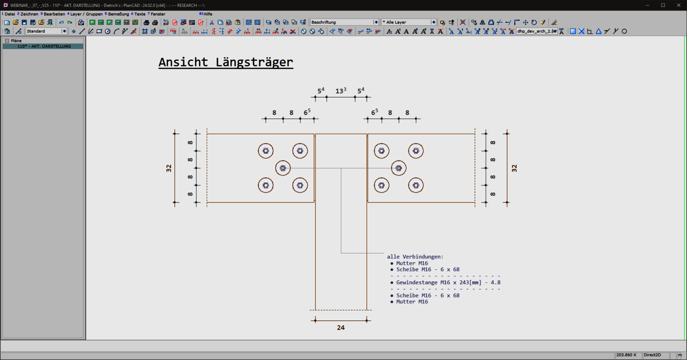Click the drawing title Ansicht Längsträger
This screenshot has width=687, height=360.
(x=226, y=62)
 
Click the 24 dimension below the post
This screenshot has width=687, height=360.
(x=341, y=328)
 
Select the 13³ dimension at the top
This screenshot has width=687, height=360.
(x=341, y=90)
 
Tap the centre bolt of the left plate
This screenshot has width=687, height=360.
(x=283, y=168)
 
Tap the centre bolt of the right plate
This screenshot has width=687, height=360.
(x=398, y=168)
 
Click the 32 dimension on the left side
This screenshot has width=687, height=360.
(x=169, y=168)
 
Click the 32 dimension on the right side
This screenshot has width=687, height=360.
(x=514, y=168)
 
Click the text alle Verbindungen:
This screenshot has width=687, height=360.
(x=415, y=256)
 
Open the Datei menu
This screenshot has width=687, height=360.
(x=10, y=14)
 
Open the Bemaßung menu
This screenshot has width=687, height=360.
(x=118, y=14)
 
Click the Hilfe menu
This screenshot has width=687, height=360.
(x=208, y=14)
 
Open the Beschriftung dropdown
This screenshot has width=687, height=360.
(x=344, y=22)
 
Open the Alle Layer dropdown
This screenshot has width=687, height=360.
(x=409, y=22)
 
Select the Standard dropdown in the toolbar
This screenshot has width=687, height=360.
(x=46, y=31)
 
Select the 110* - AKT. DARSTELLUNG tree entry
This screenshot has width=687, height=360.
(x=44, y=47)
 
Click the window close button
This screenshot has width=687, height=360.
(x=679, y=5)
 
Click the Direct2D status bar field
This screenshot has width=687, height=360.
(x=652, y=355)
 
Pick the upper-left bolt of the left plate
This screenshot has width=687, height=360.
(x=266, y=151)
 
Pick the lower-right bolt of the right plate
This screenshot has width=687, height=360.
(x=416, y=186)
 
